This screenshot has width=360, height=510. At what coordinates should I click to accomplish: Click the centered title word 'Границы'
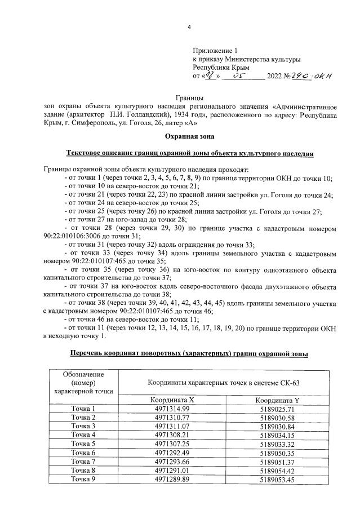pos(189,99)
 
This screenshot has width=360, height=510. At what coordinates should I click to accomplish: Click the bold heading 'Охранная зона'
pos(189,136)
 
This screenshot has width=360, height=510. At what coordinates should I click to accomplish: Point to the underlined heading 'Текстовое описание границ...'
pos(189,153)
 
